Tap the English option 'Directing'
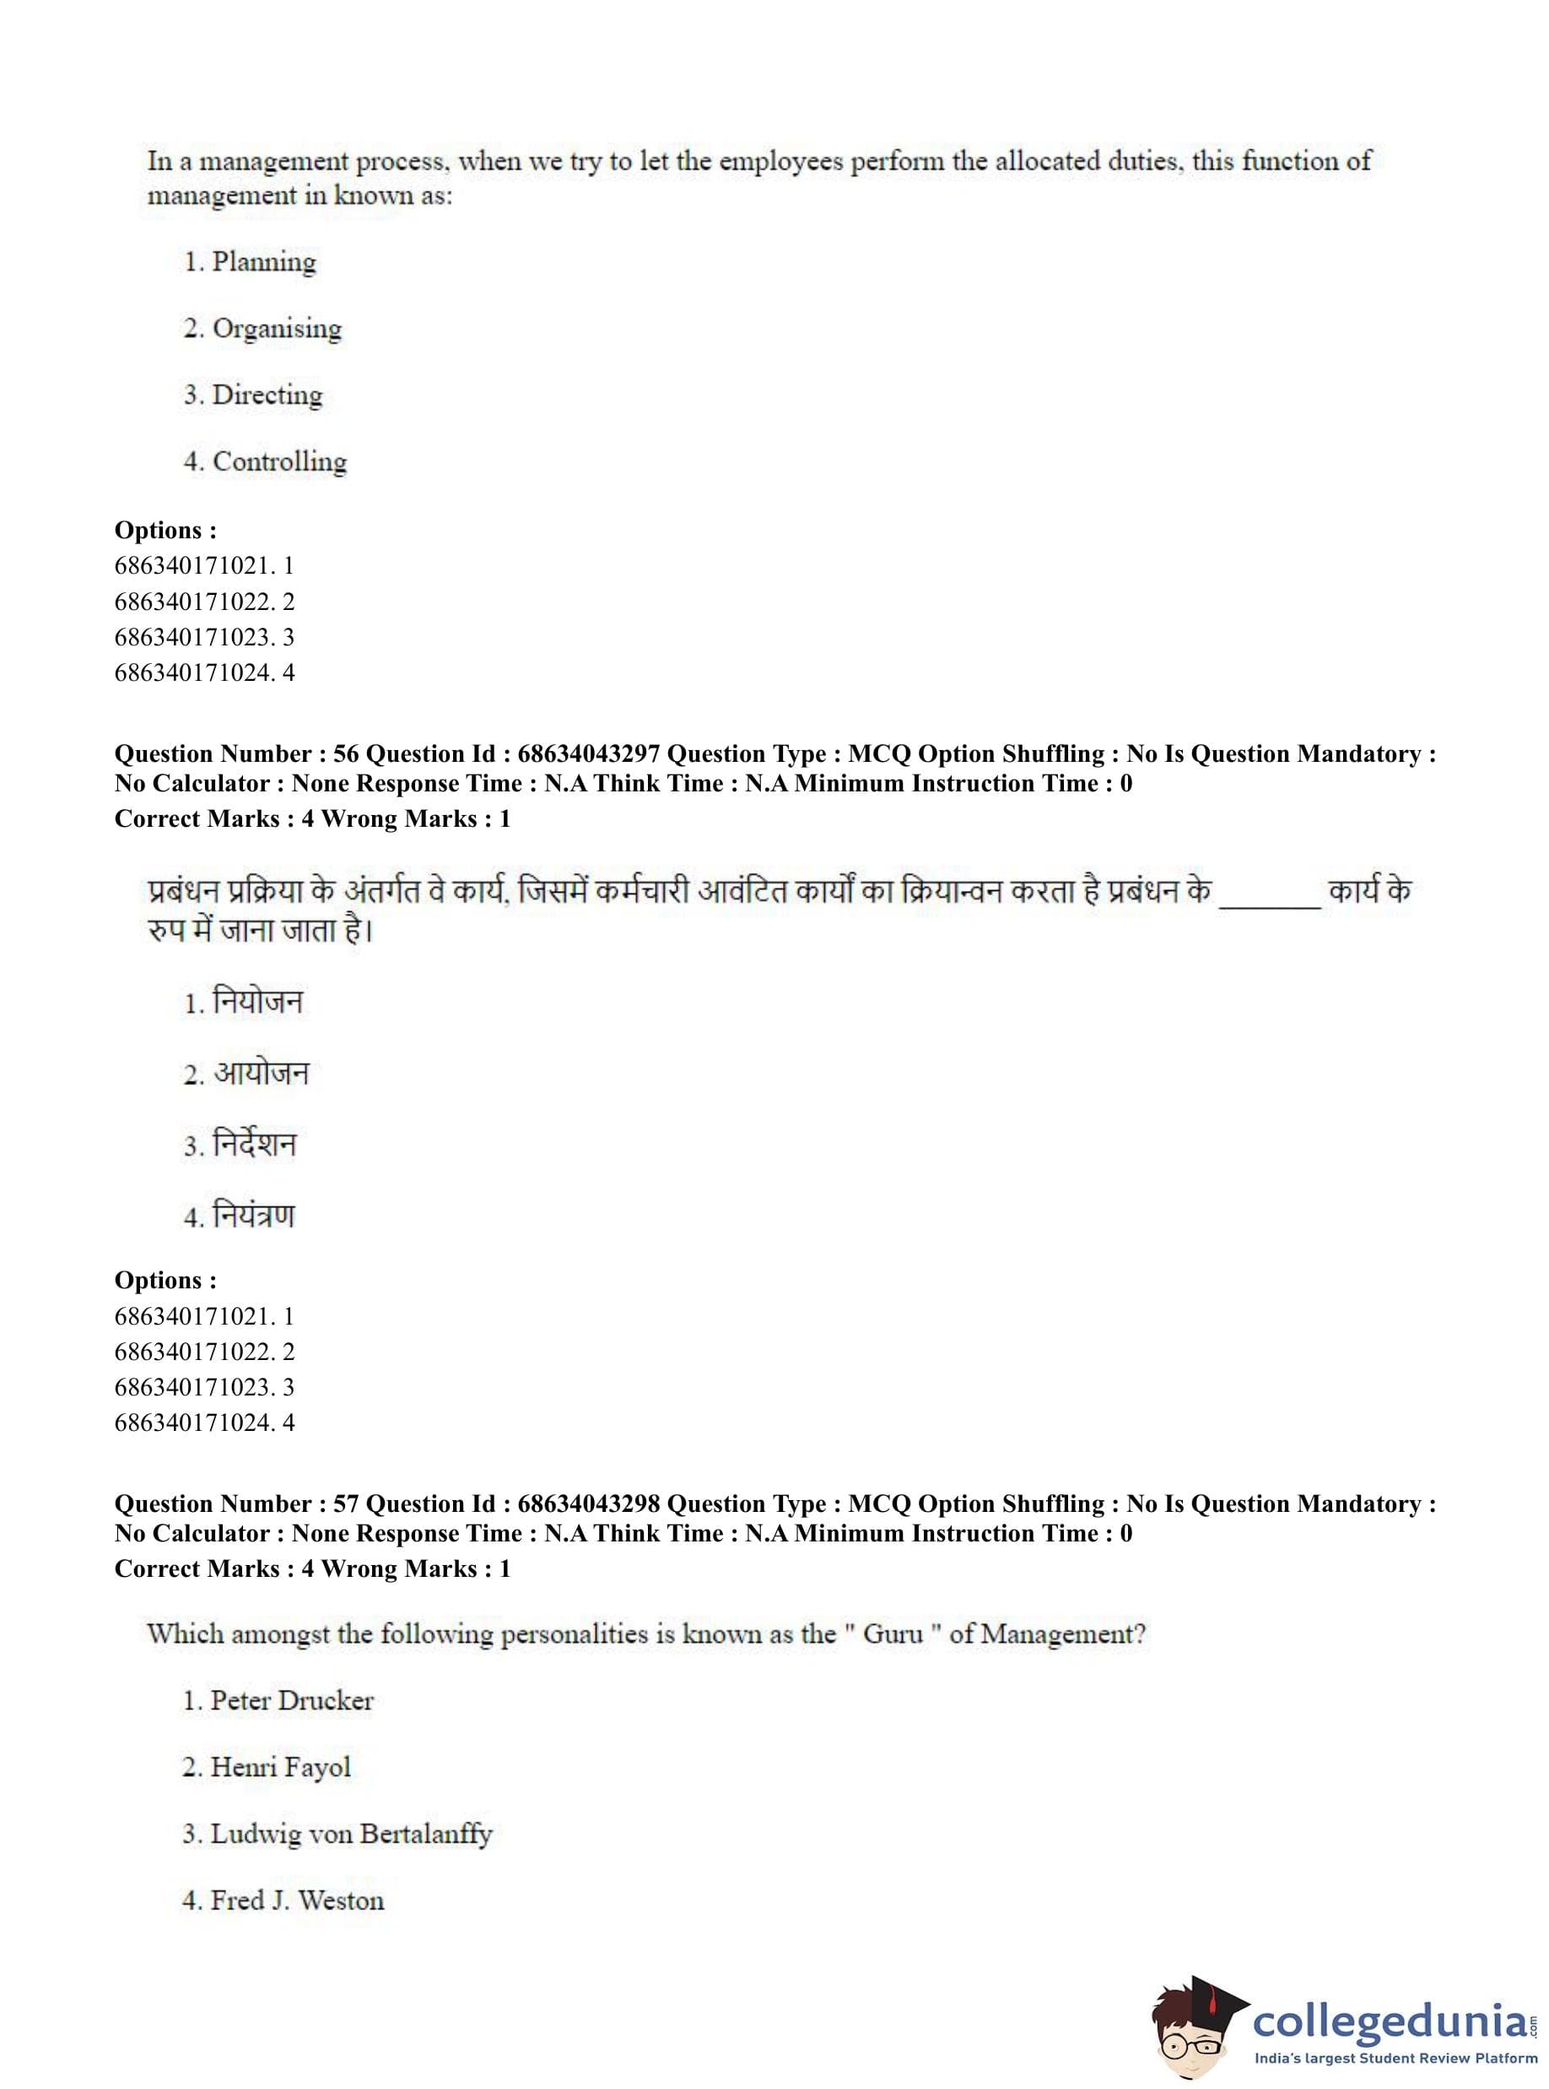[267, 395]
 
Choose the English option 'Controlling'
[278, 462]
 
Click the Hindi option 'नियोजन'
[258, 1002]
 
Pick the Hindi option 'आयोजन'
[261, 1073]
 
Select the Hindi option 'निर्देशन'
[254, 1145]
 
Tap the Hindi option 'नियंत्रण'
[253, 1216]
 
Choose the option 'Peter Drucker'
[291, 1700]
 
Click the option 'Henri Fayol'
[279, 1767]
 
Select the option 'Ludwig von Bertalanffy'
[350, 1833]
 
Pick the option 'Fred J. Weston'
[296, 1900]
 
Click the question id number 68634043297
[589, 753]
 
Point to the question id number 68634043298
[589, 1504]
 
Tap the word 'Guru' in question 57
[893, 1634]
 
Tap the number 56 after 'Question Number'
[346, 753]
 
